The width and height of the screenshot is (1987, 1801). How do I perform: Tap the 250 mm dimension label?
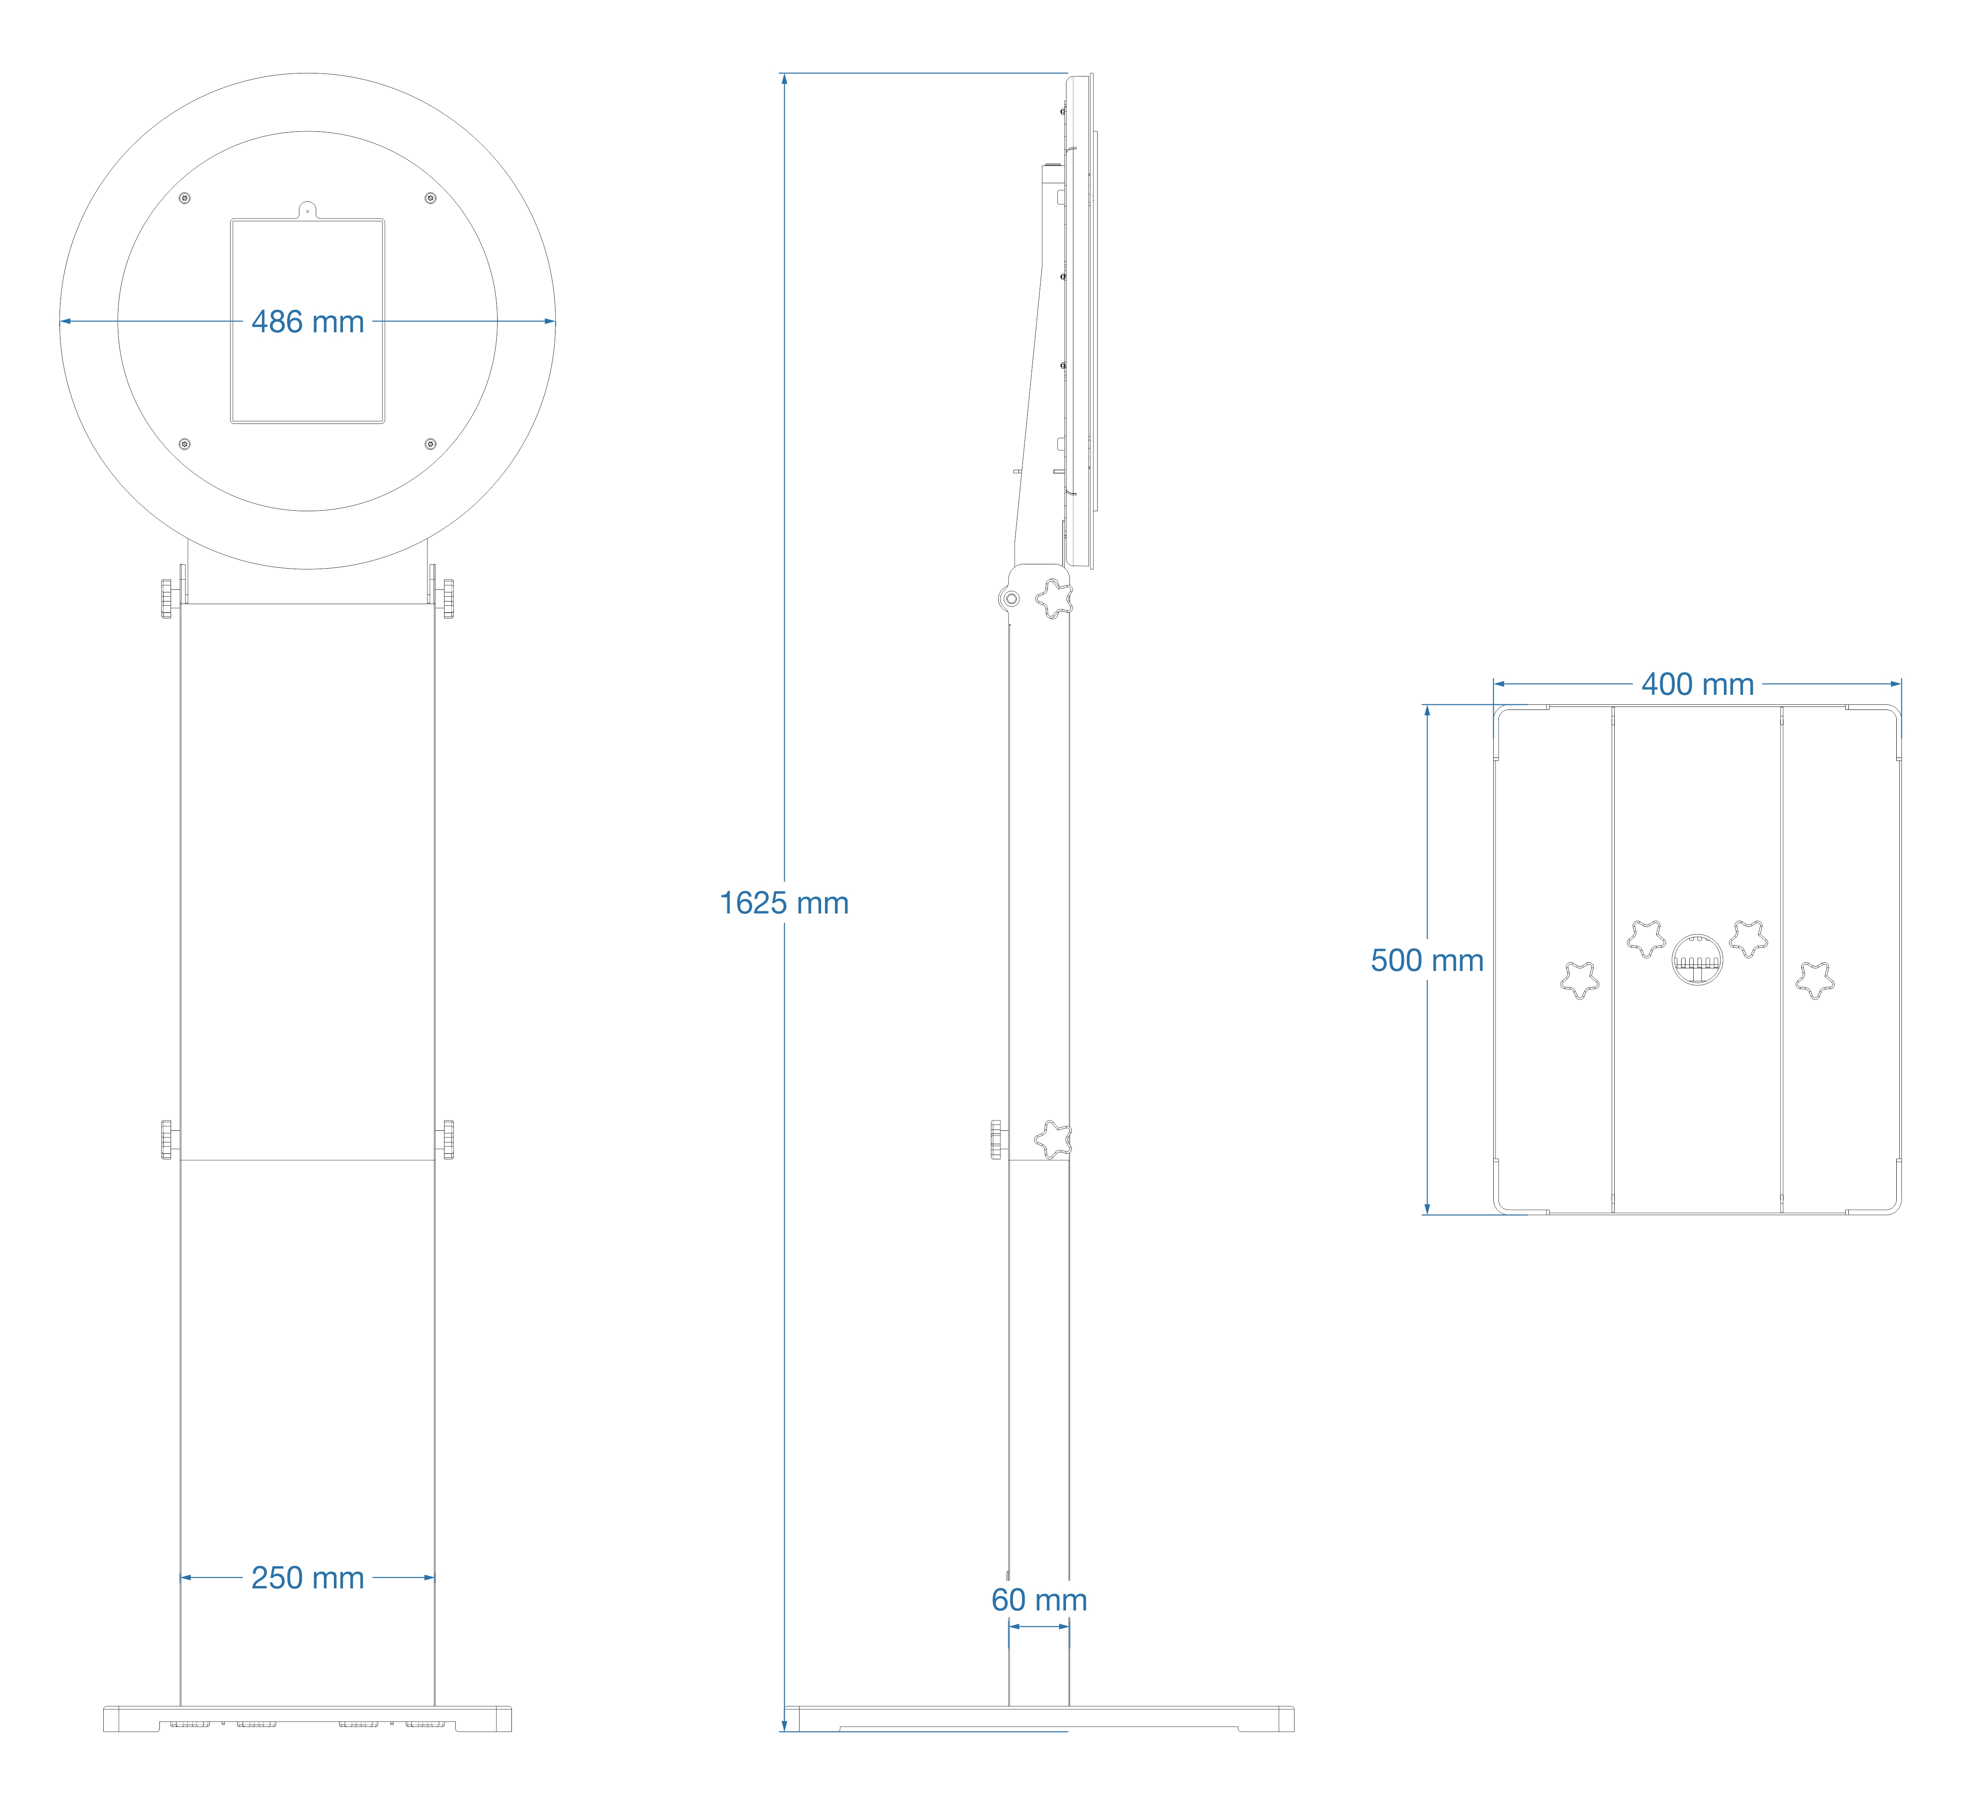(308, 1577)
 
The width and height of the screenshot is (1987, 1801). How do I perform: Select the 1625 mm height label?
(784, 903)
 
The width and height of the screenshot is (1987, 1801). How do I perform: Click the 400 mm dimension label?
(1697, 684)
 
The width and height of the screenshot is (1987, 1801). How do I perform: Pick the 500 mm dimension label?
(1426, 960)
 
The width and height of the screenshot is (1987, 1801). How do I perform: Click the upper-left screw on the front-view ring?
(184, 198)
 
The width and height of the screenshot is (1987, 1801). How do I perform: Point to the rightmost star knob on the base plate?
(1815, 980)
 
